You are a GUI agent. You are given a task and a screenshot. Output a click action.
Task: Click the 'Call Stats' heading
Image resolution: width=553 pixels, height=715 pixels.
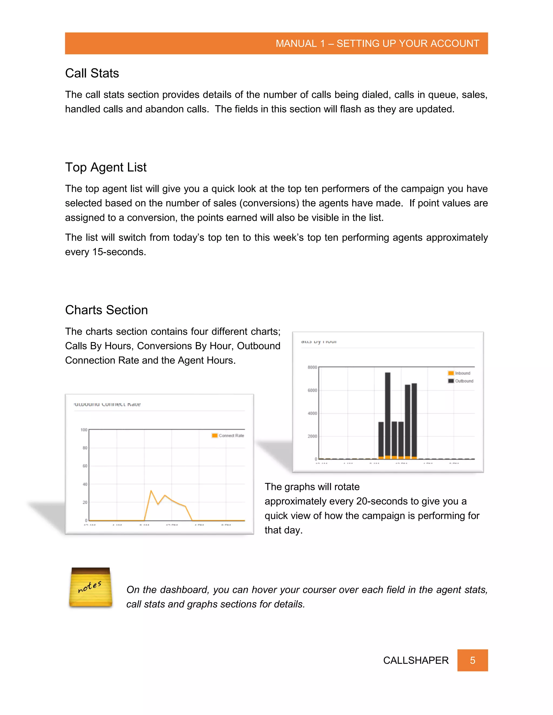click(92, 73)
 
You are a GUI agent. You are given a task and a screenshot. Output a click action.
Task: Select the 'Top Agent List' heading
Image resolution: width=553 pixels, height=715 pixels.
click(106, 167)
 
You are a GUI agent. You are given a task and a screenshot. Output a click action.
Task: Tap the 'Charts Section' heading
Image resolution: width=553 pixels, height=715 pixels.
click(106, 310)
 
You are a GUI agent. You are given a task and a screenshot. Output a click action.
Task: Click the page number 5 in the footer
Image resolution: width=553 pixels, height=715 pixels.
click(473, 660)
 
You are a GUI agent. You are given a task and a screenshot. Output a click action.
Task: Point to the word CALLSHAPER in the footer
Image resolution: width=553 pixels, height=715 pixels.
click(416, 660)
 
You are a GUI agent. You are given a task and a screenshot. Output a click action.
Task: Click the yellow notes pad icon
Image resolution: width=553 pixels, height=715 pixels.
click(90, 588)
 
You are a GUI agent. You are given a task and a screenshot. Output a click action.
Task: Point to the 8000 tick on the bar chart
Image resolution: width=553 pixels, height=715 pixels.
click(312, 367)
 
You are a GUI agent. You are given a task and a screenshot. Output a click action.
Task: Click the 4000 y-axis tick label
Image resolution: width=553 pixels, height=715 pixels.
click(312, 413)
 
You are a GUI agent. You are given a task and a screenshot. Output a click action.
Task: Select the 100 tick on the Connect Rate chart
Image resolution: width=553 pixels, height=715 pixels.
click(84, 430)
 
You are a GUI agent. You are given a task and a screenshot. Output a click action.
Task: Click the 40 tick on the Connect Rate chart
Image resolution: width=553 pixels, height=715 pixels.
click(85, 484)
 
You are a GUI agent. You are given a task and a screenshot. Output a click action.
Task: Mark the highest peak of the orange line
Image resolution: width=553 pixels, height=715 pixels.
click(151, 491)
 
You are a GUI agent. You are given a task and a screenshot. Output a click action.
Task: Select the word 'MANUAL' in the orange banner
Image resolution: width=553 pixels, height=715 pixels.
click(296, 43)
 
